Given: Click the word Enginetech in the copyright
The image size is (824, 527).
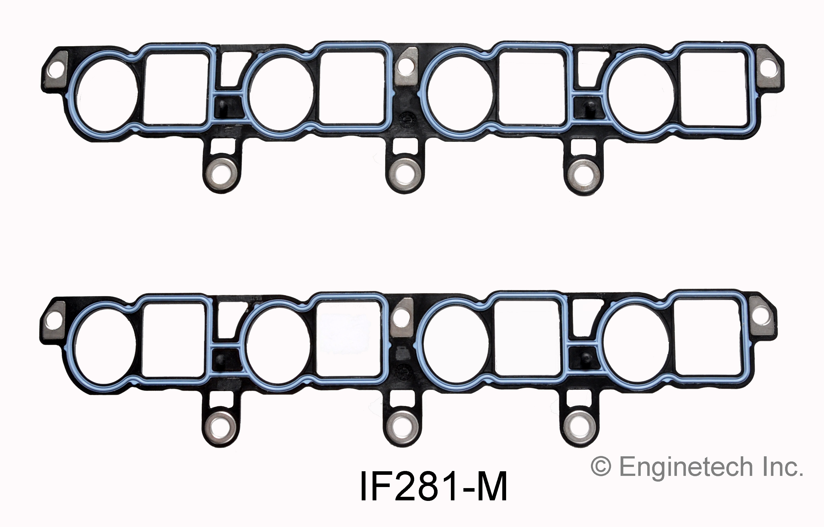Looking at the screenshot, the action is click(x=686, y=467).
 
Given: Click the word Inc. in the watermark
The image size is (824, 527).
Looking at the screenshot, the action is click(x=784, y=467).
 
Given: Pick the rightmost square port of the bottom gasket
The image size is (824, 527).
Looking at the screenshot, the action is click(x=706, y=338).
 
